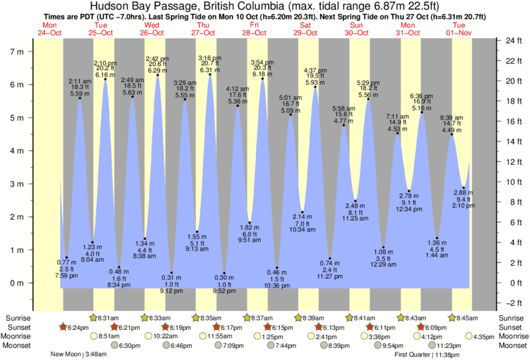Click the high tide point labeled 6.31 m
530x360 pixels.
click(x=210, y=74)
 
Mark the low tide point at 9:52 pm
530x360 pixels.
click(x=224, y=273)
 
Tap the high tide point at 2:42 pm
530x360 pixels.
click(x=158, y=75)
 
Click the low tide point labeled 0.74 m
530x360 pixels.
click(x=329, y=258)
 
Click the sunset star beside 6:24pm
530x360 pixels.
click(x=63, y=327)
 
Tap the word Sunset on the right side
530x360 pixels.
click(x=511, y=327)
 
